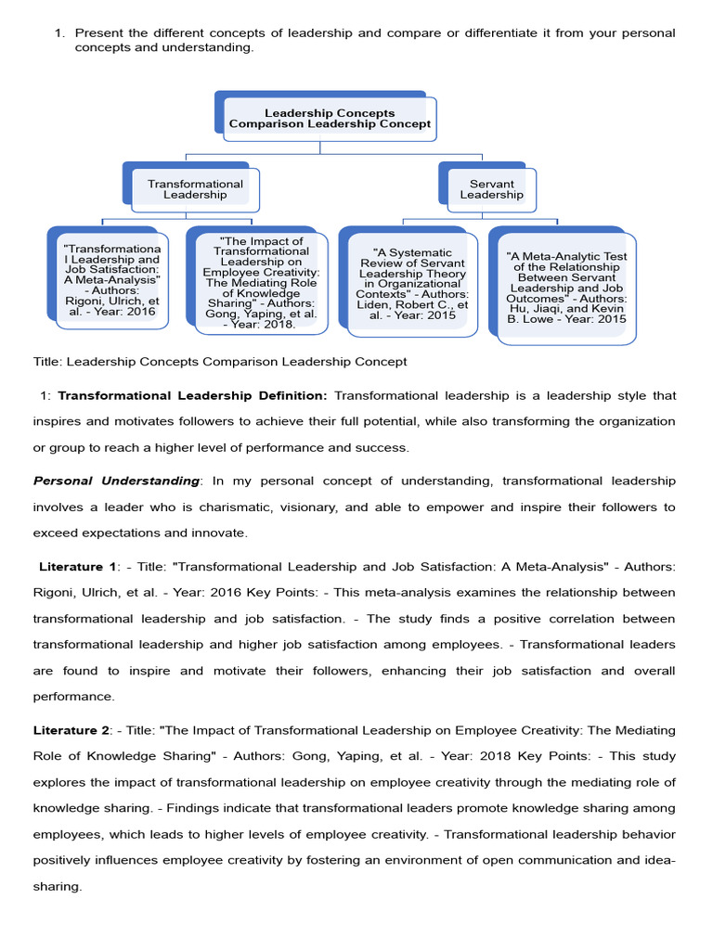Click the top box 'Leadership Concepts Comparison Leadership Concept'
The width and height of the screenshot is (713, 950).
click(330, 119)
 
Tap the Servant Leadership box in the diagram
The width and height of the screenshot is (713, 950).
click(491, 189)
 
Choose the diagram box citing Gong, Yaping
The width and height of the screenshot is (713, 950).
click(261, 282)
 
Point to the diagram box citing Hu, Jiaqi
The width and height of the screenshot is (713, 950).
click(566, 288)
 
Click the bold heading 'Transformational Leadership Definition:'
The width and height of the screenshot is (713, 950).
click(192, 395)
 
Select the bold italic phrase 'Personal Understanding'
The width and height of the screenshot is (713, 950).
click(116, 481)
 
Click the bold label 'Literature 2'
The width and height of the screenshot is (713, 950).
click(75, 730)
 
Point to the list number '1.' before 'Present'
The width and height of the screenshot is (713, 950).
click(60, 33)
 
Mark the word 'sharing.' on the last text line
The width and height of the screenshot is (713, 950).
click(58, 886)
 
